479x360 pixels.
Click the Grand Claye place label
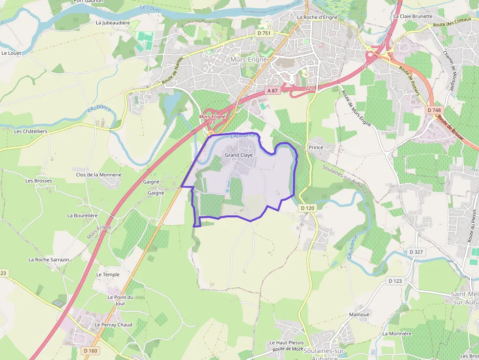[239, 155]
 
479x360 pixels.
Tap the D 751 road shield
[263, 33]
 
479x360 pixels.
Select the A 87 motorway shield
[273, 91]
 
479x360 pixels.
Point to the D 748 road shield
[433, 110]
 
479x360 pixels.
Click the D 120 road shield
[307, 208]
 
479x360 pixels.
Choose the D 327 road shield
[415, 252]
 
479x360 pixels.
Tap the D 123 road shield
[395, 281]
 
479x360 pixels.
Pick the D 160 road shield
[90, 351]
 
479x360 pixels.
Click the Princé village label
[316, 147]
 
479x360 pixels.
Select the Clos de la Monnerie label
[99, 174]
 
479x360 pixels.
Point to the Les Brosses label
[39, 181]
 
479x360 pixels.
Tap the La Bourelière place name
[83, 215]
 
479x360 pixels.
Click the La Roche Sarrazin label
[49, 260]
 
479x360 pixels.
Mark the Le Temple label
[108, 275]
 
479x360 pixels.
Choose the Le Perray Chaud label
[113, 325]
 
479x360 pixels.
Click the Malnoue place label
[359, 315]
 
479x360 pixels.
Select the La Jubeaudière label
[113, 22]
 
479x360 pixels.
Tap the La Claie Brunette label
[413, 16]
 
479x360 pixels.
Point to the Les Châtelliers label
[31, 131]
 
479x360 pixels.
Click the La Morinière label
[397, 334]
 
